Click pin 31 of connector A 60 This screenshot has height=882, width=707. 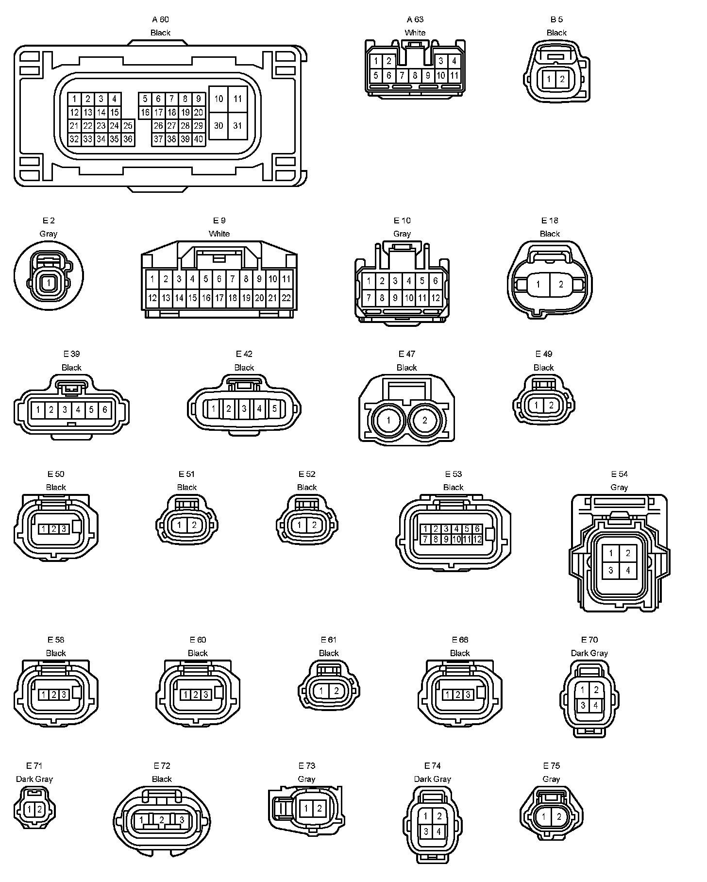pos(237,126)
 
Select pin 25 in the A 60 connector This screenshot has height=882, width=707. pos(128,126)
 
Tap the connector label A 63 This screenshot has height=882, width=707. pos(415,19)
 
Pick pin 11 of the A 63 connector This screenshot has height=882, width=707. pos(454,75)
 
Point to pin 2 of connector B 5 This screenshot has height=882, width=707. pos(562,79)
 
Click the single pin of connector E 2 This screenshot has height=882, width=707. pos(49,282)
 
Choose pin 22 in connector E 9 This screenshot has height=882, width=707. pos(286,298)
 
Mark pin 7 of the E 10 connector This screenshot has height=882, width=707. pos(369,298)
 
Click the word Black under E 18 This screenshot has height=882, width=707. pos(550,234)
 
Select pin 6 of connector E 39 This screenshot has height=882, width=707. pos(104,409)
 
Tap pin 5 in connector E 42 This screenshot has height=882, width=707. pos(274,408)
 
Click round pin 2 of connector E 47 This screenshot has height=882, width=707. pos(425,420)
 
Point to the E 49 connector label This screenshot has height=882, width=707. pos(544,354)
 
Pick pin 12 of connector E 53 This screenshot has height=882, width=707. pos(477,539)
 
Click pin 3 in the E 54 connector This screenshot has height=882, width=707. pos(611,571)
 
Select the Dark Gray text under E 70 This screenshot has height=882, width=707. pos(589,653)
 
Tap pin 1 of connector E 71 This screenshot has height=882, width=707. pos(30,810)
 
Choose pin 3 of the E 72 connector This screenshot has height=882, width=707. pos(182,820)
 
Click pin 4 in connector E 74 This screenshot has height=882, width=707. pos(438,831)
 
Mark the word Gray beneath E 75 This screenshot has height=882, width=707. pos(551,779)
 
